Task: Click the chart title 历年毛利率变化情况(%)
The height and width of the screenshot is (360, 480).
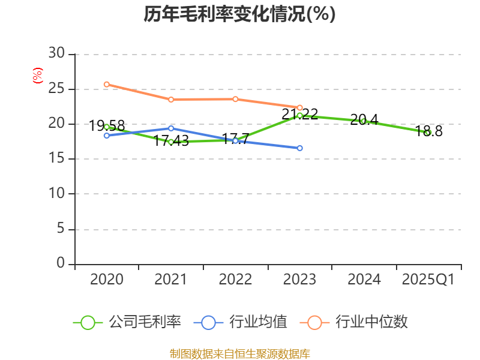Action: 239,14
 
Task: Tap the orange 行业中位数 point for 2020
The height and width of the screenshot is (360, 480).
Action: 107,85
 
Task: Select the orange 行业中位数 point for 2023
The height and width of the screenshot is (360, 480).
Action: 299,107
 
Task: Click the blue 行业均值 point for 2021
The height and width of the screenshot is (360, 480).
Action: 171,128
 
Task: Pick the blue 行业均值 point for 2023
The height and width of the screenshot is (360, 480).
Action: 299,148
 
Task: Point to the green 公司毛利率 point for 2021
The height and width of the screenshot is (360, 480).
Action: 171,142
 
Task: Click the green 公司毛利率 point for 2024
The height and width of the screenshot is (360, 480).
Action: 363,121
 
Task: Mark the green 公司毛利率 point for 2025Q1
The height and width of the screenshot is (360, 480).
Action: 428,133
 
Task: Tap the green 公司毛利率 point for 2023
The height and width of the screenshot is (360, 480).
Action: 299,115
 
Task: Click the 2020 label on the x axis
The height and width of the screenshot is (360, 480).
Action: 107,280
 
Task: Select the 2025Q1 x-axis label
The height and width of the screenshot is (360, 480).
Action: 428,280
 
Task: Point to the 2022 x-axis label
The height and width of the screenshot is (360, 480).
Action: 235,280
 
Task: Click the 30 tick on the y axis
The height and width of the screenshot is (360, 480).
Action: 57,54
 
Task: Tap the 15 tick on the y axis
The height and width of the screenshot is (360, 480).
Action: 57,159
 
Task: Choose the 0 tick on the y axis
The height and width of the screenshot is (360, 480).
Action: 61,263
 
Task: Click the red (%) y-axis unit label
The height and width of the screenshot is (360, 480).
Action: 37,76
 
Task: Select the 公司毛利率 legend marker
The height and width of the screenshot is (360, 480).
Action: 88,322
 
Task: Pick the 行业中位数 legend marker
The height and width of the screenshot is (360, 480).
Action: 314,322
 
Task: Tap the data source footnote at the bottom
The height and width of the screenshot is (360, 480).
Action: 239,353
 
